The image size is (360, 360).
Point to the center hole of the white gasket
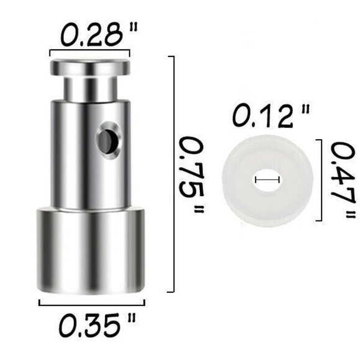(267, 180)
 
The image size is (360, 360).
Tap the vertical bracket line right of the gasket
(320, 180)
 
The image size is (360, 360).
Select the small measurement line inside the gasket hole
(267, 180)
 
